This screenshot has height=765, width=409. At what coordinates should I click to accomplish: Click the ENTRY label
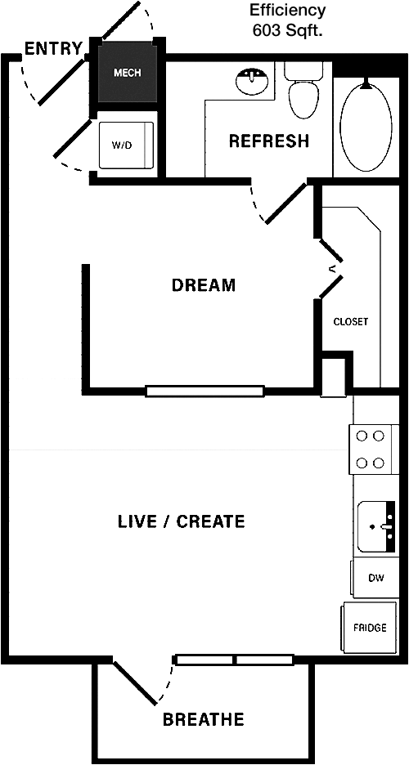(54, 49)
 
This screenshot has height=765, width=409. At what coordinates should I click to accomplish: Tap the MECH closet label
(128, 74)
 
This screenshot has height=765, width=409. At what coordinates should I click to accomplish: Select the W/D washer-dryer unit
(126, 145)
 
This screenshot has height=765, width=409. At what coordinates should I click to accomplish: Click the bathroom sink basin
(252, 81)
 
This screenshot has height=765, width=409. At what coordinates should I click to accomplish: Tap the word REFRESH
(269, 141)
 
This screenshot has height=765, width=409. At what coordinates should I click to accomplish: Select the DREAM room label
(204, 284)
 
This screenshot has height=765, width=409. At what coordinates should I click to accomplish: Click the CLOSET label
(350, 322)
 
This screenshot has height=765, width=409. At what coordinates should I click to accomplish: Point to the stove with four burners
(370, 450)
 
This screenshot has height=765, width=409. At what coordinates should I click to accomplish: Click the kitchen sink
(376, 527)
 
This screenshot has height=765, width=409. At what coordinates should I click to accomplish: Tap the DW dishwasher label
(376, 578)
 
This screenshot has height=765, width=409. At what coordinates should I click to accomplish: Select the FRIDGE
(370, 628)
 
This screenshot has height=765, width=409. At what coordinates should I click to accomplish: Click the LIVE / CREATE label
(181, 521)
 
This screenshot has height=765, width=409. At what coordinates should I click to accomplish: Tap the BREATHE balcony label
(203, 719)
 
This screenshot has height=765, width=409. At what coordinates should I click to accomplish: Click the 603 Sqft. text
(287, 31)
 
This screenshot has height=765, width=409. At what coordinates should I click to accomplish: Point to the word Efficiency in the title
(287, 10)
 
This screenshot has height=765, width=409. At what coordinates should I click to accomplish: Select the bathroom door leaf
(286, 203)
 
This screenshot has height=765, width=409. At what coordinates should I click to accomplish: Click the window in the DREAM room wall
(205, 391)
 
